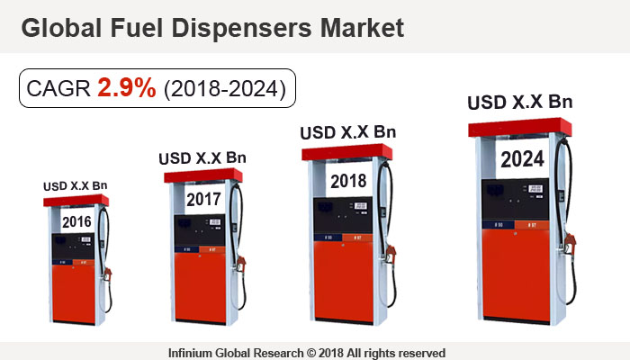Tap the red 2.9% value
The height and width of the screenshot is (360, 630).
(126, 90)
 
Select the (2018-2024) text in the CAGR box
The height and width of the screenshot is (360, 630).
(224, 90)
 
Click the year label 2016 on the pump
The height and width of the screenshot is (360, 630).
(76, 221)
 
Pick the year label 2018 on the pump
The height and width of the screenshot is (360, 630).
(347, 180)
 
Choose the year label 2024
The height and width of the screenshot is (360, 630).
(521, 160)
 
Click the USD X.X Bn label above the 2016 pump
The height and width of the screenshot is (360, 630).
(76, 186)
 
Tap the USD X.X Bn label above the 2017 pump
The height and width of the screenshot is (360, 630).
(202, 157)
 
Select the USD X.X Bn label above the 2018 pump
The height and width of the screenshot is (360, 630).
(347, 132)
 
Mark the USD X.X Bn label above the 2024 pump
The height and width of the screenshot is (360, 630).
(520, 102)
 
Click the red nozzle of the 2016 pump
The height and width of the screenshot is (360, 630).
(108, 274)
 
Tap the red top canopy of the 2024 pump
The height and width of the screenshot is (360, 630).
(521, 129)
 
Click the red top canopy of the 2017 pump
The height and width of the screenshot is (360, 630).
(203, 175)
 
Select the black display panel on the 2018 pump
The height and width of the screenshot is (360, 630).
(346, 216)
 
